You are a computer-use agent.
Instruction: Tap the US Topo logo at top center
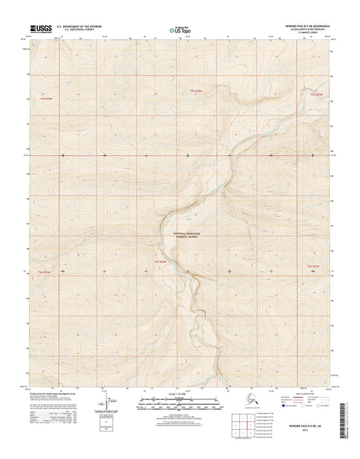(179, 30)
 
